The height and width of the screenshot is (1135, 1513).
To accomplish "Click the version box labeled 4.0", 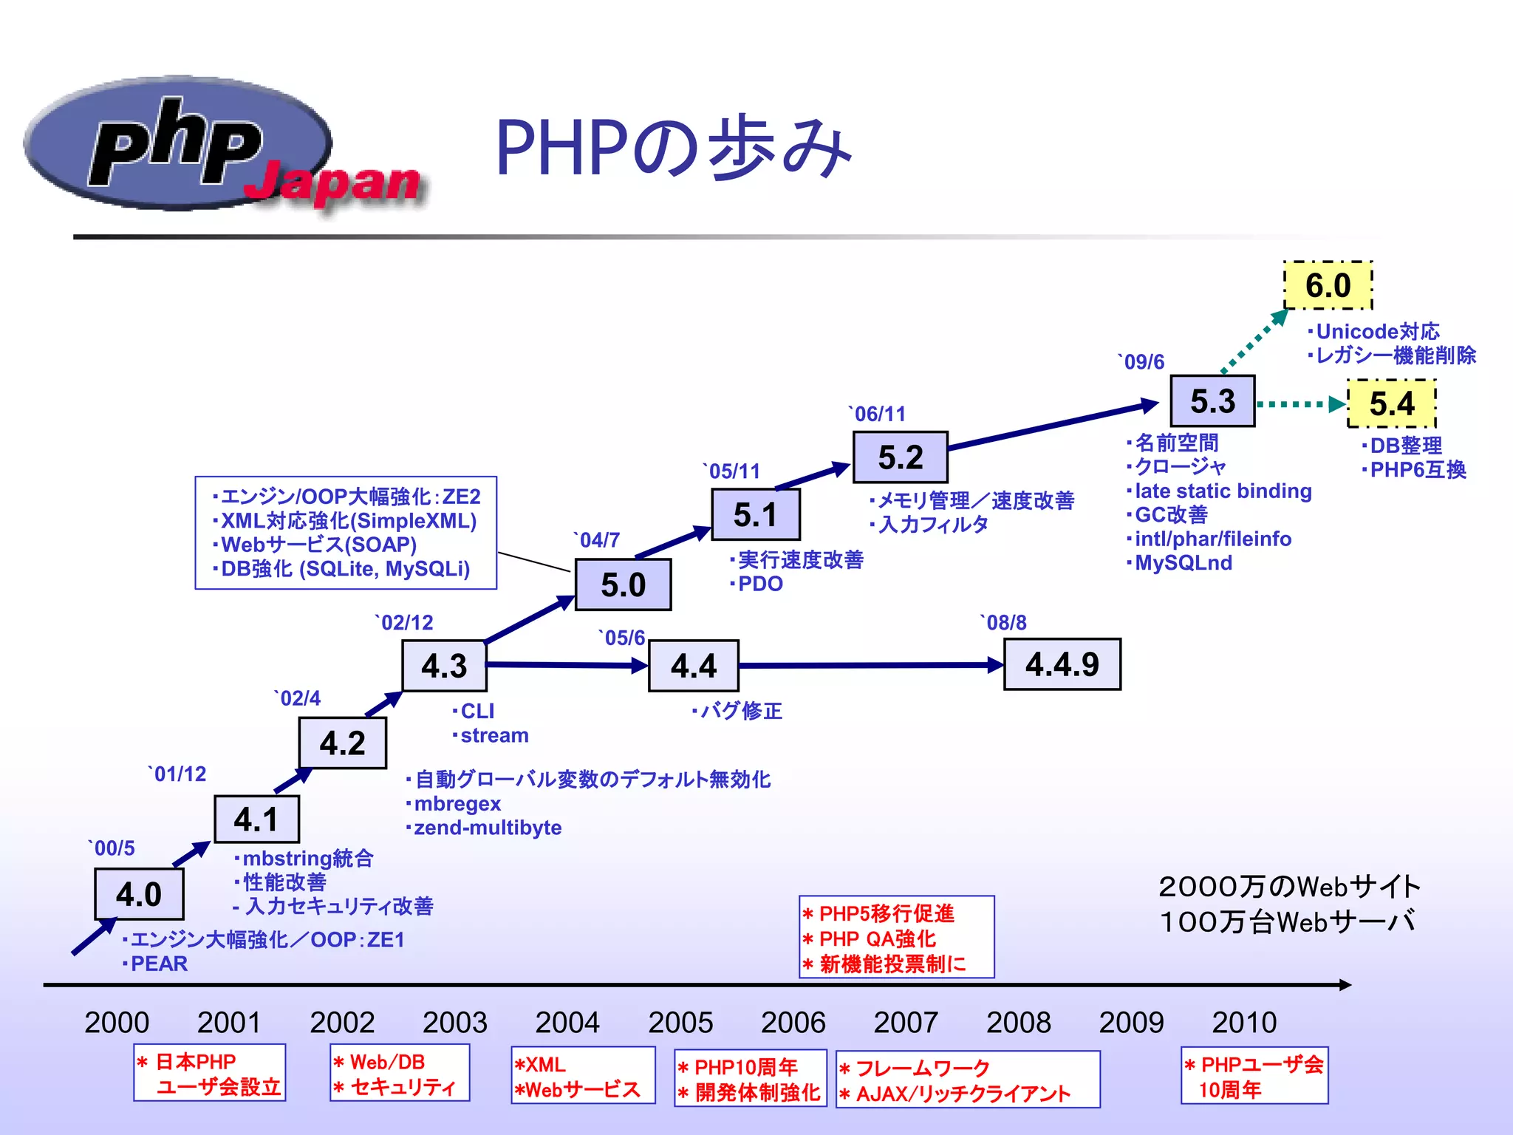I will pyautogui.click(x=139, y=894).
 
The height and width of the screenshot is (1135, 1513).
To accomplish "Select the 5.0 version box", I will pyautogui.click(x=623, y=584).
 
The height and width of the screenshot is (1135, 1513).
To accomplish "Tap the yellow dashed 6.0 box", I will pyautogui.click(x=1328, y=285).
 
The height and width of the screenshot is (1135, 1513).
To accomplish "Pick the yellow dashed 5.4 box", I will pyautogui.click(x=1391, y=403).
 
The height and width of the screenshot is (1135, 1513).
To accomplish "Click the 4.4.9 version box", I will pyautogui.click(x=1062, y=664).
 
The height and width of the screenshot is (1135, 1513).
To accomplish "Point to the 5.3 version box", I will pyautogui.click(x=1212, y=401).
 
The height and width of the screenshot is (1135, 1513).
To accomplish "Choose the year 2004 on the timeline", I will pyautogui.click(x=567, y=1023).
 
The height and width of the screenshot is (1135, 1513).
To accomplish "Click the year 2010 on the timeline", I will pyautogui.click(x=1244, y=1023).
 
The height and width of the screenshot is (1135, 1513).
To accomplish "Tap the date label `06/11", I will pyautogui.click(x=877, y=414).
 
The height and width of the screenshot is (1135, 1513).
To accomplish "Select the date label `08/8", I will pyautogui.click(x=1003, y=623).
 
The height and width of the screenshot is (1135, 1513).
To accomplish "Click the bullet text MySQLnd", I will pyautogui.click(x=1183, y=563).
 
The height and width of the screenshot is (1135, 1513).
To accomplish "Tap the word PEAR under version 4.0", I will pyautogui.click(x=159, y=964).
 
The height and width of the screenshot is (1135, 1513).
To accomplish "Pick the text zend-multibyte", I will pyautogui.click(x=488, y=828).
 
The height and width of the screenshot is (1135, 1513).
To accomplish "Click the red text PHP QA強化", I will pyautogui.click(x=878, y=938).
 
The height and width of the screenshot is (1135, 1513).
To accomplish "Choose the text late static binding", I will pyautogui.click(x=1223, y=491).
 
